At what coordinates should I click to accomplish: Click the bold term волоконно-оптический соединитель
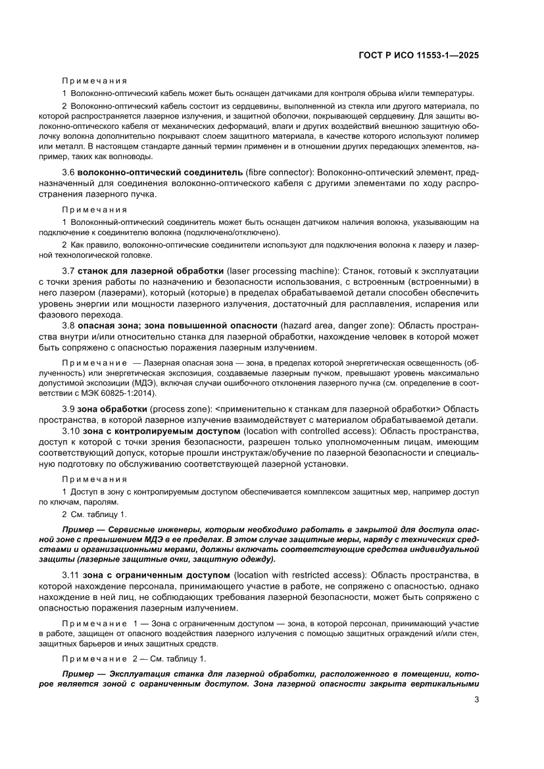point(153,172)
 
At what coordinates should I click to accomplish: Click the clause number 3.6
point(68,172)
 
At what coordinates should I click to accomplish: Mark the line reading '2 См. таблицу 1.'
point(94,514)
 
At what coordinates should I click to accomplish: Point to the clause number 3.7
point(68,270)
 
